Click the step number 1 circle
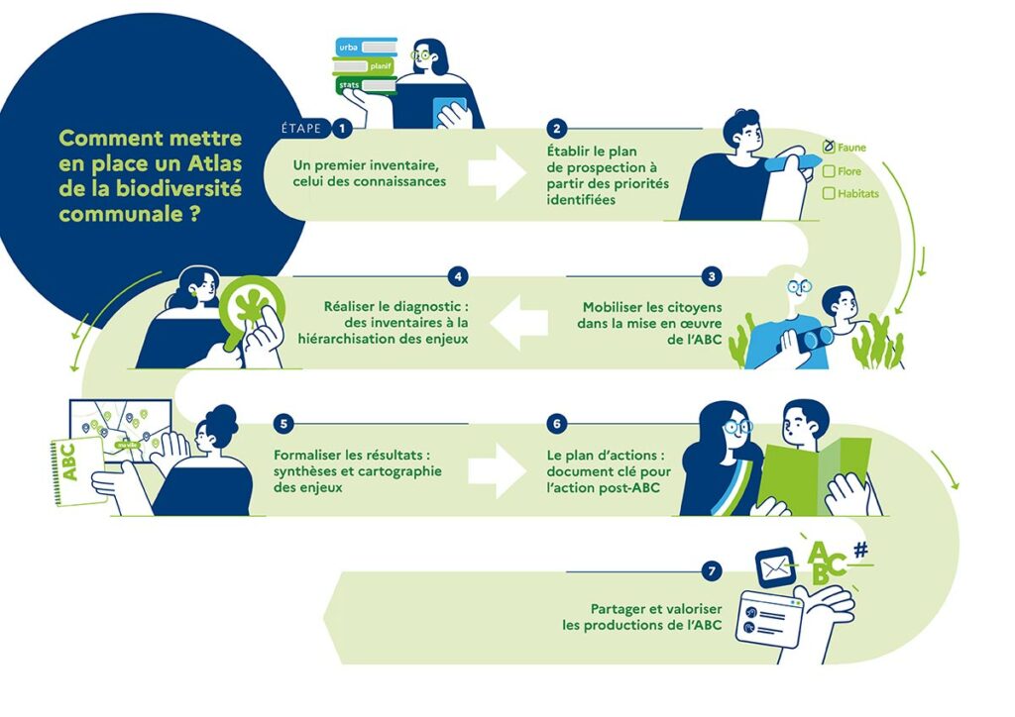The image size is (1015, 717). click(343, 128)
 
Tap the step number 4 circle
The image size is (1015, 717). click(457, 276)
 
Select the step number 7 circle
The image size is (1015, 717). click(711, 571)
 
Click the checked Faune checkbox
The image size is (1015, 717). click(829, 148)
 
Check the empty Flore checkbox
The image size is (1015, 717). click(829, 171)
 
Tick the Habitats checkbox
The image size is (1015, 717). click(829, 194)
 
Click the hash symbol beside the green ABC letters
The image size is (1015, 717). click(859, 549)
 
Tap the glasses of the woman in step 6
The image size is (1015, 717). click(732, 427)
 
